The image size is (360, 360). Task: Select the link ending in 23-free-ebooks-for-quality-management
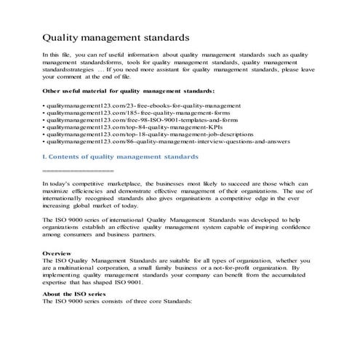point(137,106)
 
